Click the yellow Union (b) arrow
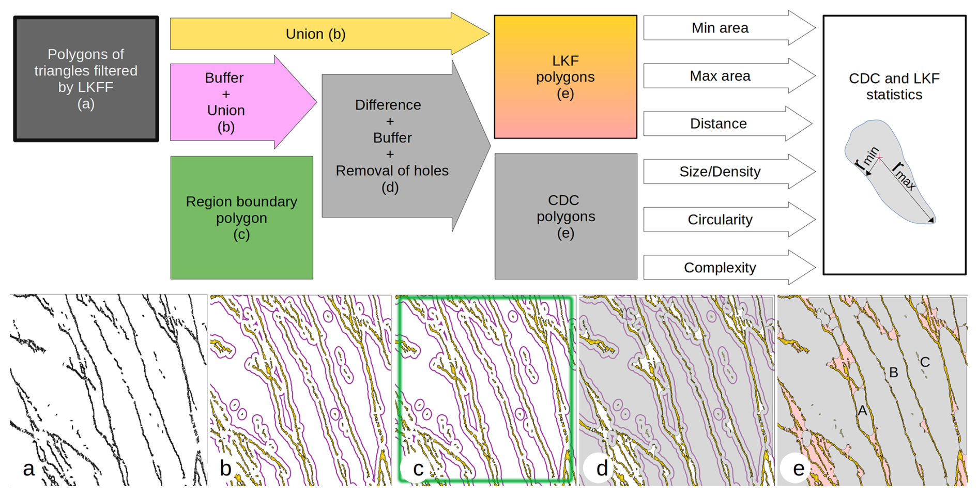pyautogui.click(x=315, y=34)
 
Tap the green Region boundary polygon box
pyautogui.click(x=241, y=218)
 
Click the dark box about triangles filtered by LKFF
pyautogui.click(x=86, y=79)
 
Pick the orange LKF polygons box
pyautogui.click(x=565, y=77)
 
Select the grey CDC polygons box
pyautogui.click(x=566, y=216)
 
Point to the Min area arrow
pyautogui.click(x=720, y=28)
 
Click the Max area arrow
pyautogui.click(x=720, y=76)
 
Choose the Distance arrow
pyautogui.click(x=718, y=123)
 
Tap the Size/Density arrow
pyautogui.click(x=720, y=172)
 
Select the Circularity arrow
pyautogui.click(x=720, y=220)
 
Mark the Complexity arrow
pyautogui.click(x=720, y=268)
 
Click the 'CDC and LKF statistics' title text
pyautogui.click(x=894, y=86)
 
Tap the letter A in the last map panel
pyautogui.click(x=862, y=411)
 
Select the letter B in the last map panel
pyautogui.click(x=893, y=372)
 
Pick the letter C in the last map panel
pyautogui.click(x=925, y=362)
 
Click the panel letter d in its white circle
pyautogui.click(x=602, y=468)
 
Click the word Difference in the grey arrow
pyautogui.click(x=388, y=105)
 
